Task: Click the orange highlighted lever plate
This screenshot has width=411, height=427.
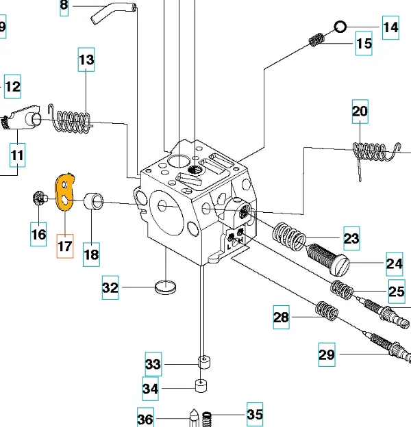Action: click(64, 191)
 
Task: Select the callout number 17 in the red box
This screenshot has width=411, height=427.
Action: click(64, 246)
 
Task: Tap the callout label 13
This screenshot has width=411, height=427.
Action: click(86, 60)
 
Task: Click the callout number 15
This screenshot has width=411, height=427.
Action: click(363, 44)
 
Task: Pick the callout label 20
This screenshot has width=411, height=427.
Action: click(360, 111)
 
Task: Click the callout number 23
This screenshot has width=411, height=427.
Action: click(351, 239)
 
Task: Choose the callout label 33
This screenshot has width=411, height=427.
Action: click(153, 365)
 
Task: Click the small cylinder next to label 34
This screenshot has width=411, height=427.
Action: click(199, 387)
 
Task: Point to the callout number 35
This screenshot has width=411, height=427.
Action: click(254, 415)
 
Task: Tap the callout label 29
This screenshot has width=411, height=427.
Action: click(327, 354)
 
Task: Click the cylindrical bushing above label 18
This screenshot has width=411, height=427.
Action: click(95, 203)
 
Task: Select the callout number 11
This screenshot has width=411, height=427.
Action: click(18, 155)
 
